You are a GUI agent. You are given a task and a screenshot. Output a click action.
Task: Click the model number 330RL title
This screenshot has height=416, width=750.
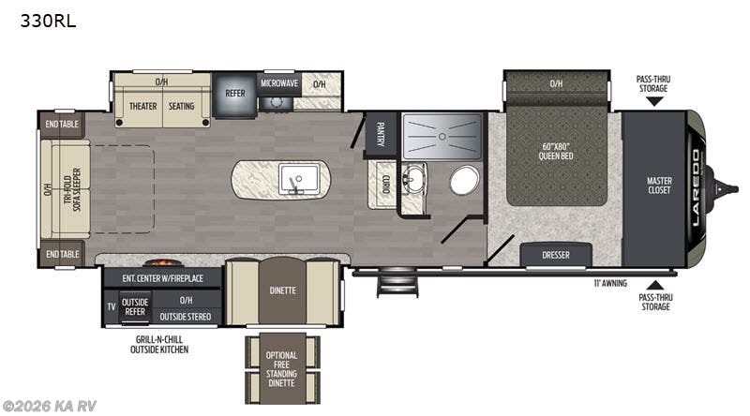(x=48, y=20)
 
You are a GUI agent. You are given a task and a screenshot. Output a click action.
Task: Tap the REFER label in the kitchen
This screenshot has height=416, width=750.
(x=233, y=94)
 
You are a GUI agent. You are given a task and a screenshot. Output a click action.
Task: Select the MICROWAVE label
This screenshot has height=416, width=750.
(x=278, y=83)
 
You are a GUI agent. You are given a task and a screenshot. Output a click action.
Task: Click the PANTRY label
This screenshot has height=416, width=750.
(x=382, y=136)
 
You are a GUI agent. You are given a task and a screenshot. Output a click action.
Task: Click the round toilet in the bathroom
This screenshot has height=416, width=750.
(x=464, y=180)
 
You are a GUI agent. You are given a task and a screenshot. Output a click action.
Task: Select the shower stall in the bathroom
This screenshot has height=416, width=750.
(x=442, y=138)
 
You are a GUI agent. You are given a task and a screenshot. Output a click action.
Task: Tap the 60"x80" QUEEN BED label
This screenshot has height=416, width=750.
(x=557, y=152)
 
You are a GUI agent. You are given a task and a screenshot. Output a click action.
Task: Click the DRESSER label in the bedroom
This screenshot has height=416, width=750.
(x=556, y=255)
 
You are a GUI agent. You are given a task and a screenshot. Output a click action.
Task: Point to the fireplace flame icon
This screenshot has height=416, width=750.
(x=163, y=263)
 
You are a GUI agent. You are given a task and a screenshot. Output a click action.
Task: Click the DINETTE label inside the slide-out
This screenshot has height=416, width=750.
(x=282, y=290)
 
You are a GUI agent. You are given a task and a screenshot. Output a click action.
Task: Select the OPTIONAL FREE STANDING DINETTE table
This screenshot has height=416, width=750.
(x=281, y=368)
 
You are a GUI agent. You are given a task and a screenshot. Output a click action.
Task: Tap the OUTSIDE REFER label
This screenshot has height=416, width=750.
(x=136, y=305)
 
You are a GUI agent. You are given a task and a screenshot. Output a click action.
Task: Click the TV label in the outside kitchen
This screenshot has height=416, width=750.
(x=111, y=306)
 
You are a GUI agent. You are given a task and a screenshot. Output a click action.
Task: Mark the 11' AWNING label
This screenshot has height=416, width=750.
(x=609, y=281)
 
